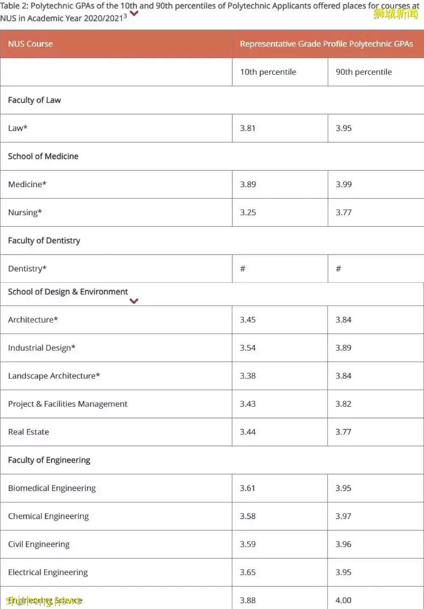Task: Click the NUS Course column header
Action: (x=31, y=44)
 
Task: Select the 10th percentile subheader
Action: (x=268, y=72)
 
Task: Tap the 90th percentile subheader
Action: (x=363, y=72)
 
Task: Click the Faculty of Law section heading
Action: (x=34, y=100)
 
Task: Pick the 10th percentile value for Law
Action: (x=248, y=128)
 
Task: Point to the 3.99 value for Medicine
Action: (x=343, y=184)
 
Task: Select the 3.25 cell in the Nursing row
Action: (x=248, y=213)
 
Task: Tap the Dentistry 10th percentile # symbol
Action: (x=243, y=269)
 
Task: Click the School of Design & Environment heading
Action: (x=68, y=292)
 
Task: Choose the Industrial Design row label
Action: (x=42, y=348)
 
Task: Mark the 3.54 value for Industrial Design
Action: (x=248, y=348)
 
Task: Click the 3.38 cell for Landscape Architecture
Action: (x=248, y=376)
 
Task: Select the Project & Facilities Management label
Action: (x=67, y=404)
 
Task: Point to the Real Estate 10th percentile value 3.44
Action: (x=248, y=432)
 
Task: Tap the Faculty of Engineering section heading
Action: (x=49, y=460)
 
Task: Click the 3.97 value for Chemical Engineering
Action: (x=343, y=516)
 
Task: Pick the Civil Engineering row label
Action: (x=39, y=544)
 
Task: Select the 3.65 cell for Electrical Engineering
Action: (x=248, y=573)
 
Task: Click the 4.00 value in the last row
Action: (x=343, y=601)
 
